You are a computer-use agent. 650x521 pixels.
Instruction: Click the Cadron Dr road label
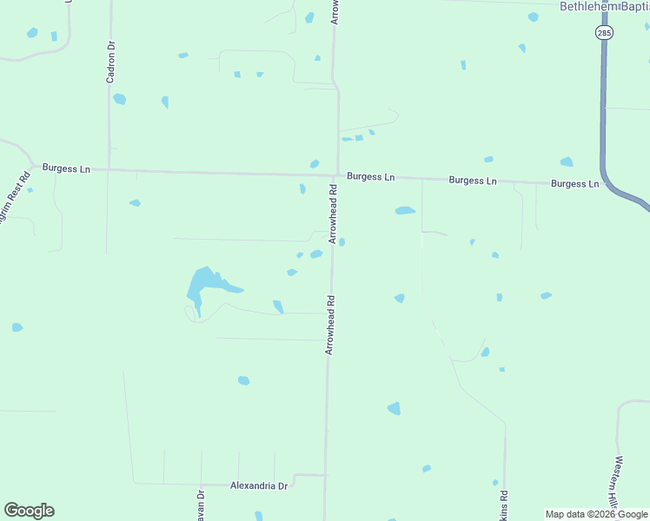tap(111, 63)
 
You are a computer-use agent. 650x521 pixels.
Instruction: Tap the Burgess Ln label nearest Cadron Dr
tap(66, 168)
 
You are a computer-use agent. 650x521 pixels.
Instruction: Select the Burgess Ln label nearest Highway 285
tap(574, 184)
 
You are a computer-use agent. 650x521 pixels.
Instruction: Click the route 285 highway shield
tap(604, 33)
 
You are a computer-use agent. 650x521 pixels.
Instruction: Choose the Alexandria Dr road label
tap(258, 486)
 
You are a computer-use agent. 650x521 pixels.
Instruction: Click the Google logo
tap(29, 511)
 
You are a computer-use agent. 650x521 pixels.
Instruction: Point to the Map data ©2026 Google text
tap(596, 514)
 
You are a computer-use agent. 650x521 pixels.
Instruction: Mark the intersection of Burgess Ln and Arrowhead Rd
tap(337, 175)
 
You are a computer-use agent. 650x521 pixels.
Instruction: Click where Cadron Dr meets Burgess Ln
tap(109, 169)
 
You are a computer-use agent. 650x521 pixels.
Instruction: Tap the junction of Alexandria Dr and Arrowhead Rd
tap(326, 476)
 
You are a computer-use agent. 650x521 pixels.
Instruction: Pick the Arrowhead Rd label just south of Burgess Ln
tap(333, 214)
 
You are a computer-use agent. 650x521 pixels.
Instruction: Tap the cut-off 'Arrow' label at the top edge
tap(335, 10)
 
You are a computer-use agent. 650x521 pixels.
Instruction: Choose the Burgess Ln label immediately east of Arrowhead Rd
tap(370, 176)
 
